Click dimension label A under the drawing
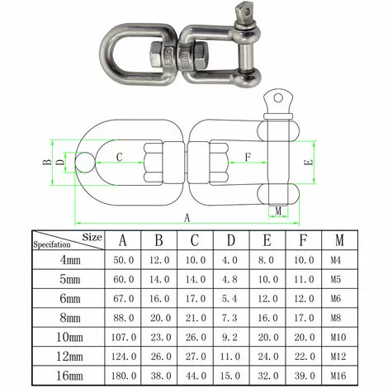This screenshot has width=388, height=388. [187, 218]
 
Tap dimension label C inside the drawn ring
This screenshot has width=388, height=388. [120, 156]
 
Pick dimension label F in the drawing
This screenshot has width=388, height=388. [248, 156]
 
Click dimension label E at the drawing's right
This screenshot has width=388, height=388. [307, 163]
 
